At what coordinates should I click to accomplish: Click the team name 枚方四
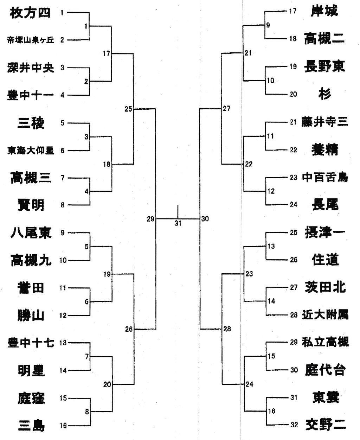pos(30,13)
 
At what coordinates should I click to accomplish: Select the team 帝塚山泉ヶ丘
pos(31,40)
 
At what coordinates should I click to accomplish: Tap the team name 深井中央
pos(31,68)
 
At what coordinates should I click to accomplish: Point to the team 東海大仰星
pos(31,151)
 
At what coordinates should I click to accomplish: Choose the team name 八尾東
pos(31,233)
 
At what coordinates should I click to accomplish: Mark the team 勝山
pos(31,315)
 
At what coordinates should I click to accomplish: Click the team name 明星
pos(31,370)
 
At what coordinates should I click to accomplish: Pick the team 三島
pos(31,426)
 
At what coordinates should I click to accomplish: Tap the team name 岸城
pos(324,11)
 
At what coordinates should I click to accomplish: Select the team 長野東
pos(324,66)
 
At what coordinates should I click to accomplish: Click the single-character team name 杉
pos(324,94)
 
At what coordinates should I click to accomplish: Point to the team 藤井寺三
pos(324,122)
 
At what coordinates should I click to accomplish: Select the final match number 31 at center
pos(178,223)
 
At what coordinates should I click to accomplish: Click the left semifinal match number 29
pos(150,219)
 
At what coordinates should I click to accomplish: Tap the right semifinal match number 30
pos(205,219)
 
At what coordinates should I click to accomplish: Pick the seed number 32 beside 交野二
pos(294,425)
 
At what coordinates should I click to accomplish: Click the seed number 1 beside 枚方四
pos(62,13)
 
